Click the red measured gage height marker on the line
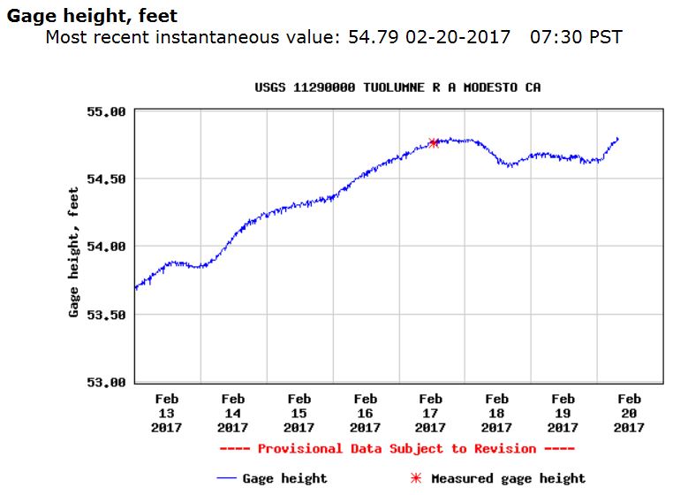(x=434, y=142)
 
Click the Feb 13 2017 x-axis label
(x=166, y=414)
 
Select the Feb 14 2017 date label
(x=232, y=414)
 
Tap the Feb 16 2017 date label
(x=365, y=414)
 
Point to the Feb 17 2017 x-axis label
(x=431, y=414)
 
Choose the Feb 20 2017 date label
(x=629, y=414)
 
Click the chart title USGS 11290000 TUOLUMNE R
(x=397, y=88)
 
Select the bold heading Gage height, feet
(x=93, y=16)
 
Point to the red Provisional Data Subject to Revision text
(x=403, y=449)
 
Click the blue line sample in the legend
(x=228, y=478)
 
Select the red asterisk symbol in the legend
(x=416, y=478)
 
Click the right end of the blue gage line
(x=617, y=138)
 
